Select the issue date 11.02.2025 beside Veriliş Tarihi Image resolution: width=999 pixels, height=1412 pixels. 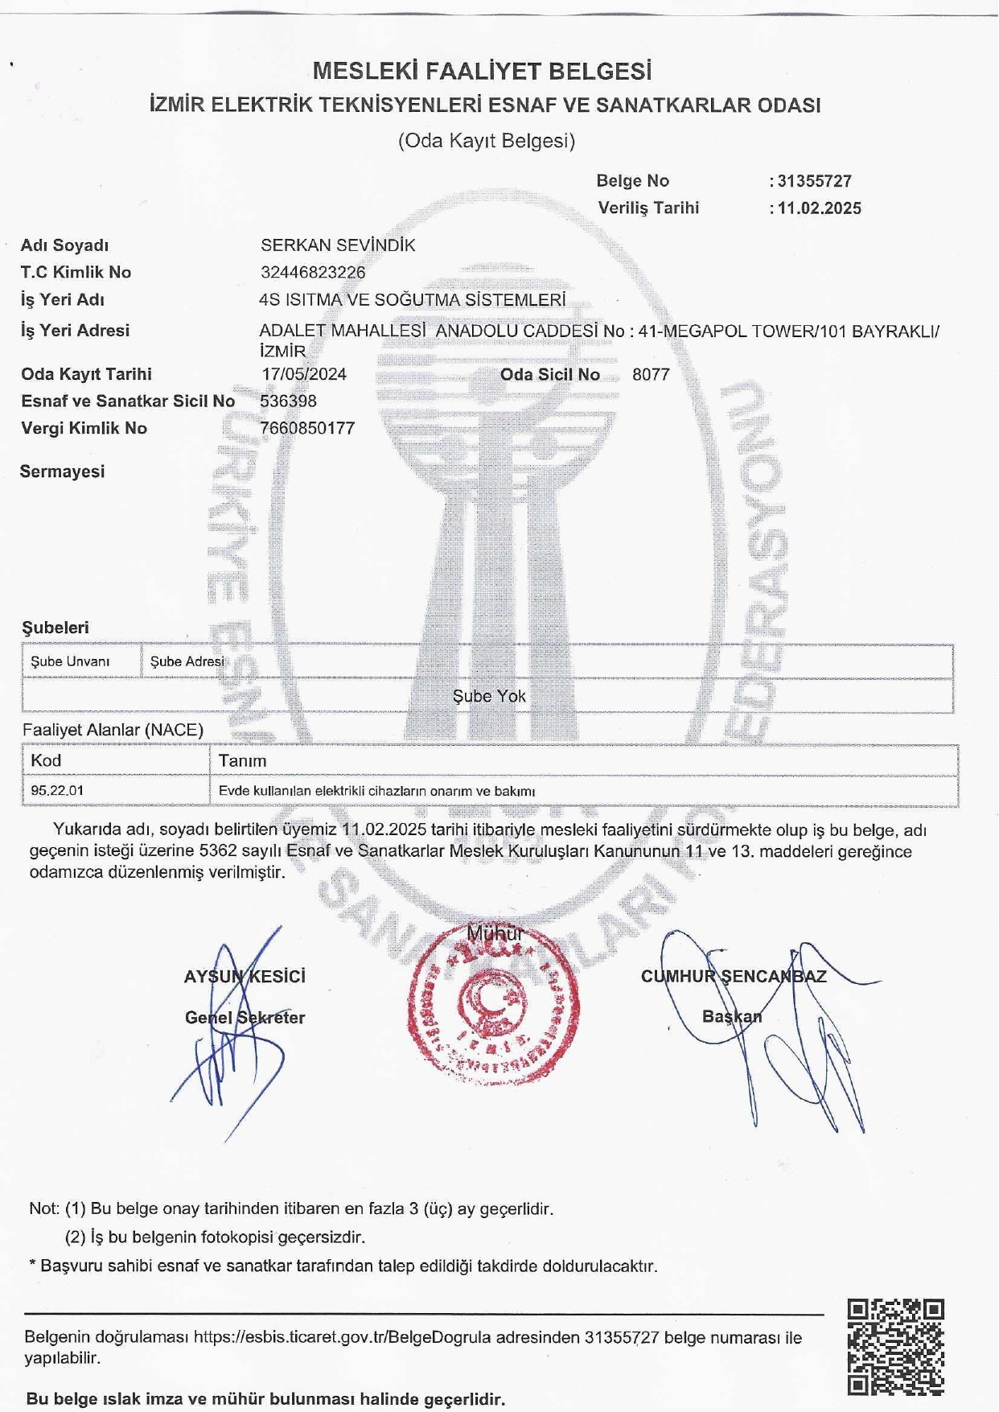click(819, 208)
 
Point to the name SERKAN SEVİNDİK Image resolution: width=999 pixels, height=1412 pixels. click(338, 245)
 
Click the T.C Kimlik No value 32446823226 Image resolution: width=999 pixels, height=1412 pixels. click(313, 273)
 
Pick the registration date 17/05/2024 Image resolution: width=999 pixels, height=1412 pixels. click(304, 374)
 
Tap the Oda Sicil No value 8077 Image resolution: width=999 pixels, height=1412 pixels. click(651, 374)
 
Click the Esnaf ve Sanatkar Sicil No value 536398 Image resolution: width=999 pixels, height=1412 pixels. click(288, 401)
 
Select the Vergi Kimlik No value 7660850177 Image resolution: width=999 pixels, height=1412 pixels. click(307, 428)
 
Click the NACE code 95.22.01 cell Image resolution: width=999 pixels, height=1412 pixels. click(57, 791)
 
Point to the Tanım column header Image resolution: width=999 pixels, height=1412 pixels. click(242, 760)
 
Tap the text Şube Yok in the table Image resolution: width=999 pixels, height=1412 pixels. click(489, 696)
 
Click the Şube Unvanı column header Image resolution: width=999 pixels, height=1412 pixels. click(70, 661)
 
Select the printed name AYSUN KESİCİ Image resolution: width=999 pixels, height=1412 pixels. click(245, 977)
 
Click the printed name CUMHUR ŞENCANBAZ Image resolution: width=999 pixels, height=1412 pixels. click(734, 977)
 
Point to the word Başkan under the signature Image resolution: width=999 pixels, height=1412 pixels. click(732, 1016)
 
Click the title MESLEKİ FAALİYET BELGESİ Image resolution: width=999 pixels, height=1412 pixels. click(482, 72)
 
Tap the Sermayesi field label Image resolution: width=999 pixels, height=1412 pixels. click(63, 471)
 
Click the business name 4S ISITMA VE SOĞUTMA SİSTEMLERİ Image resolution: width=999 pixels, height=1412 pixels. click(413, 300)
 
